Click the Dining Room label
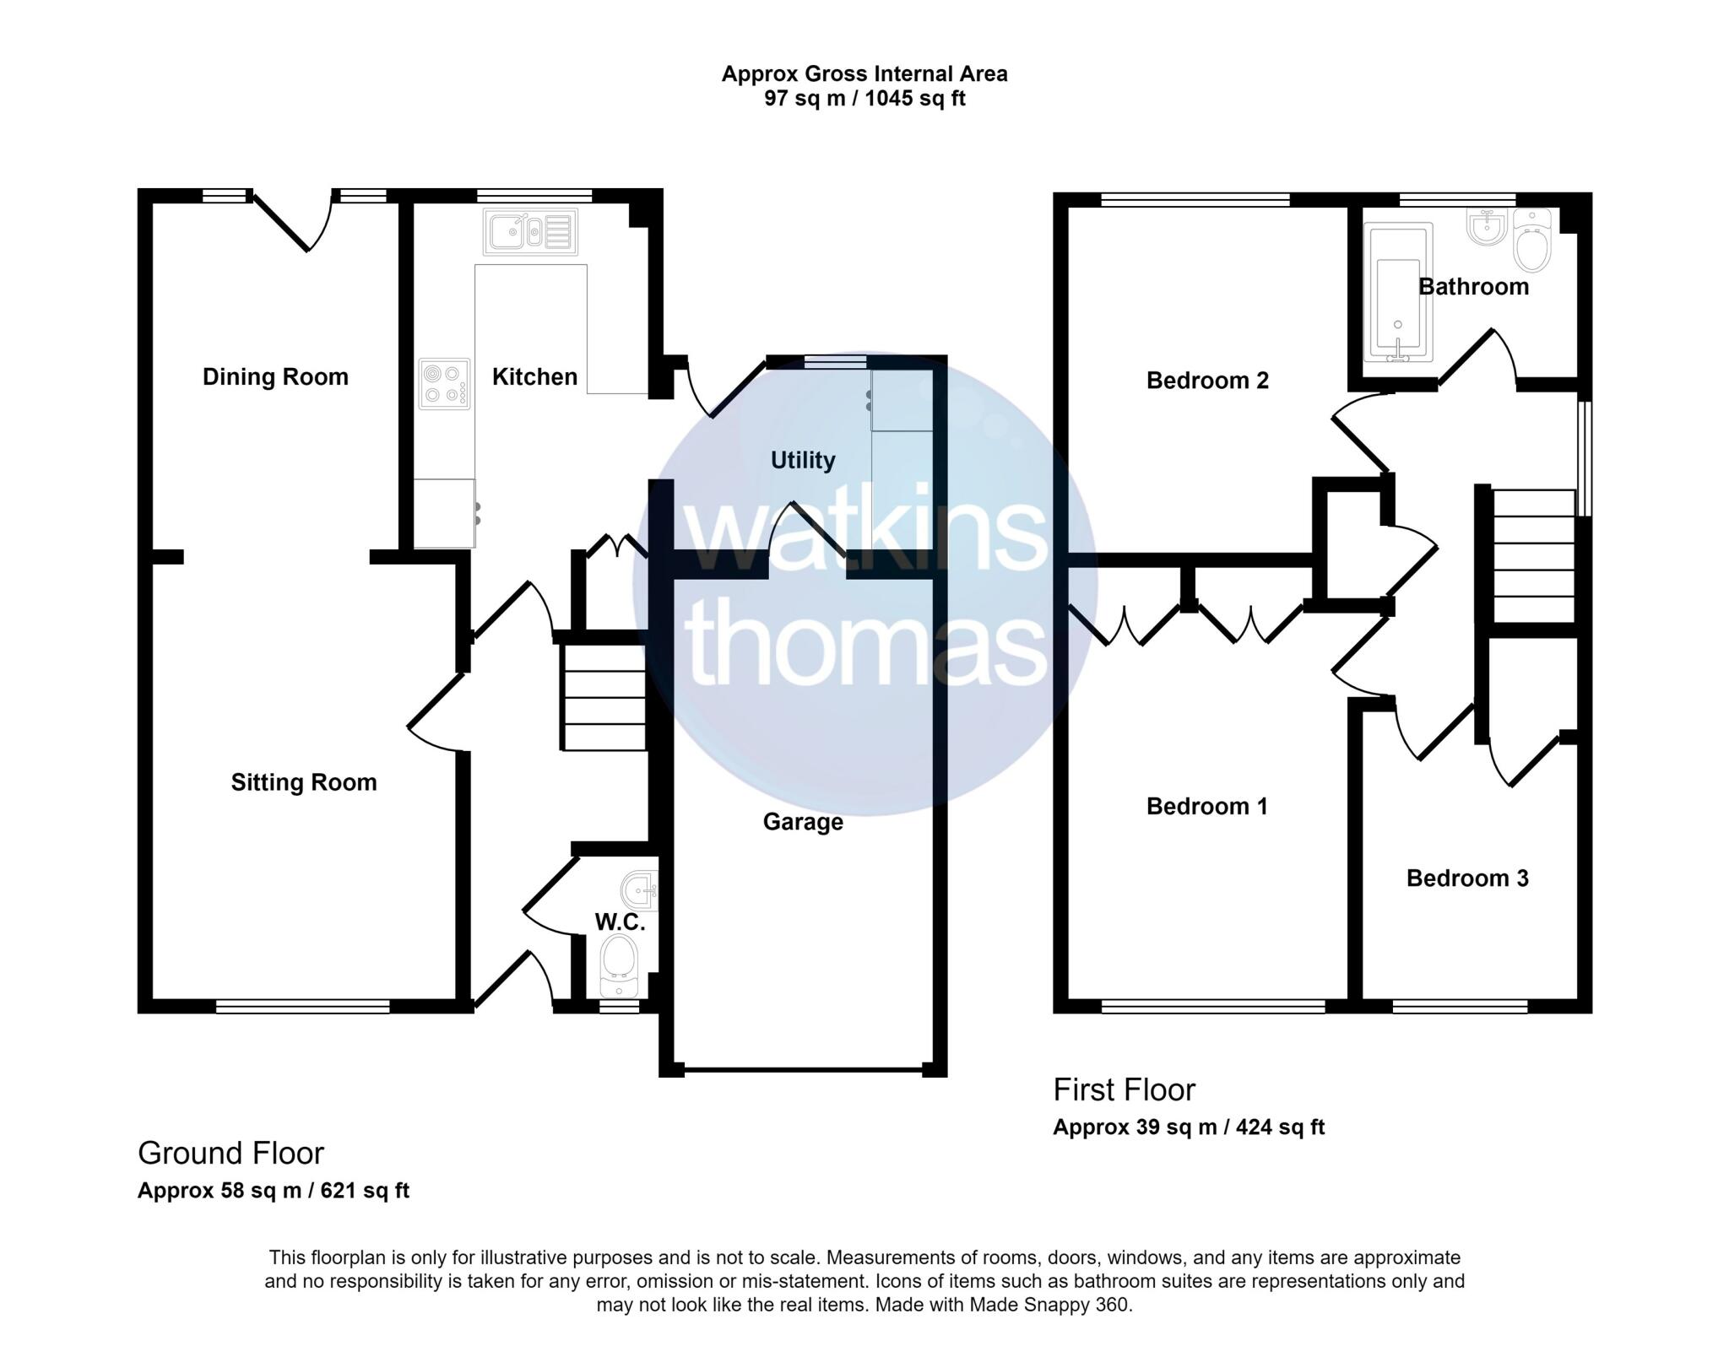(275, 376)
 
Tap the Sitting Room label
(304, 782)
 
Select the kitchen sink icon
(531, 231)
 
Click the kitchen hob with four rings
(445, 384)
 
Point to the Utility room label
(803, 460)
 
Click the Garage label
(803, 822)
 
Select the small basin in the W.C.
(639, 889)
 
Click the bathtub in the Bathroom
(1398, 293)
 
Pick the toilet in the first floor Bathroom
(1533, 240)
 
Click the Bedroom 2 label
(1207, 381)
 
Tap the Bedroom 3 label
(1467, 878)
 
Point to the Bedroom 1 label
(1207, 807)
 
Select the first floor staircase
(1533, 557)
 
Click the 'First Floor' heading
(1125, 1090)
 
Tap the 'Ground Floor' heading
(230, 1153)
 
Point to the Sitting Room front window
(303, 1006)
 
